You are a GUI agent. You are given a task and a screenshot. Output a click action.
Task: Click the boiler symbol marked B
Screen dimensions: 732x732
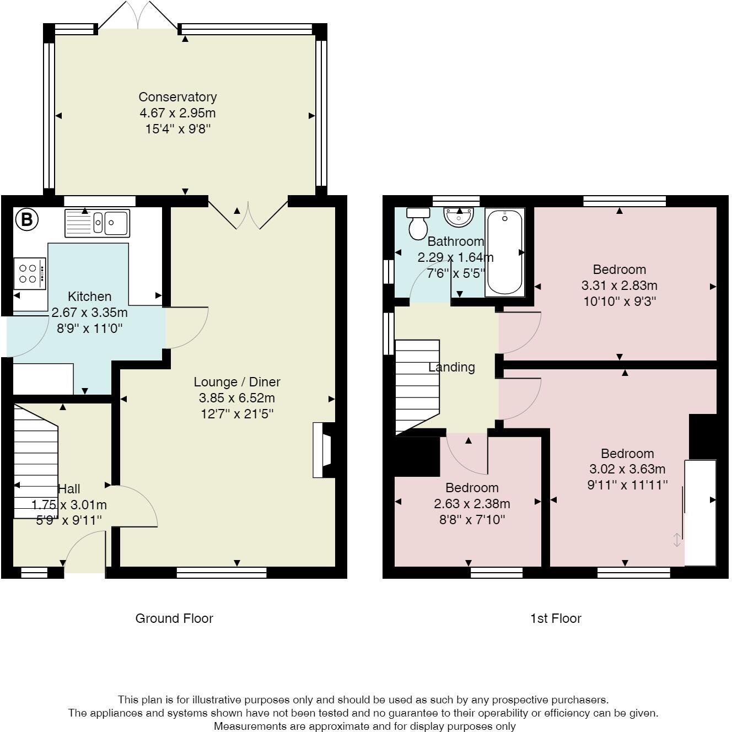click(27, 219)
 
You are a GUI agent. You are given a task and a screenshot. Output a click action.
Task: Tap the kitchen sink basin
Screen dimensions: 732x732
click(97, 223)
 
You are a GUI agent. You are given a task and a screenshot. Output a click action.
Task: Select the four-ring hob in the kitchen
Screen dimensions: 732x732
click(30, 273)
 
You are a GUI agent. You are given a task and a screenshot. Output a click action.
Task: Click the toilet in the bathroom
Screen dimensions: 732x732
click(418, 224)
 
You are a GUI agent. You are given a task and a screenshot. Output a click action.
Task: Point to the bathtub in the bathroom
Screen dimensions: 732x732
click(504, 252)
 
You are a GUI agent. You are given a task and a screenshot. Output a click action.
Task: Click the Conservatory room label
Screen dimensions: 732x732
click(177, 97)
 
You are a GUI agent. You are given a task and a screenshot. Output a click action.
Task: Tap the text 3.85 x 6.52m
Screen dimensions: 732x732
click(237, 398)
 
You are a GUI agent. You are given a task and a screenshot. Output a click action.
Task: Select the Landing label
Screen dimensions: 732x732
click(451, 367)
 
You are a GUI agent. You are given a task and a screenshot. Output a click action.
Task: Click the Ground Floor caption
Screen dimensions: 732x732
click(174, 618)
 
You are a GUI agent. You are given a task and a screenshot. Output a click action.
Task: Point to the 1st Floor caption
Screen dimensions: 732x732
click(556, 618)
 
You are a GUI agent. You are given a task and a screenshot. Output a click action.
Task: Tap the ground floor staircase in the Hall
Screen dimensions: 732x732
click(36, 461)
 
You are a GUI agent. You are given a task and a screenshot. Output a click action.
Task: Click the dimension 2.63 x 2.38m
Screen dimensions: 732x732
click(472, 504)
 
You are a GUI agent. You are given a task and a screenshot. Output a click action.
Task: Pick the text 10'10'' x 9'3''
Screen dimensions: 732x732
click(620, 301)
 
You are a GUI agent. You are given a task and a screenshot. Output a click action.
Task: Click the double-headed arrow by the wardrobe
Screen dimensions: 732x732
click(676, 540)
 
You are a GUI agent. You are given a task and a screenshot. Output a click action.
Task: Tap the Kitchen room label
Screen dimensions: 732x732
click(90, 297)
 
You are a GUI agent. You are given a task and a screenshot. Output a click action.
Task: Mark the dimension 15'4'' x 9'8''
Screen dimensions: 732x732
click(178, 129)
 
